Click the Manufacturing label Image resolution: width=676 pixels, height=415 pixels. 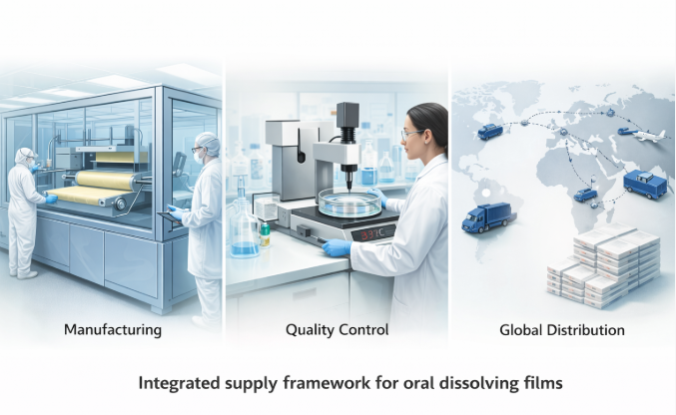point(113,330)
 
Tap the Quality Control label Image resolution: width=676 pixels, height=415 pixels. point(337,330)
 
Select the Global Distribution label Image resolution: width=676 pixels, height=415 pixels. point(562,330)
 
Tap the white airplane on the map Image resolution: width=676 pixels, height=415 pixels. point(648,135)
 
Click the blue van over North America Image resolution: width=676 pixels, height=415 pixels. point(490,132)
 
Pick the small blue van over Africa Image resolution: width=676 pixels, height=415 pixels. point(585,195)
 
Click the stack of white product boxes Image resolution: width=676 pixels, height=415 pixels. point(603,265)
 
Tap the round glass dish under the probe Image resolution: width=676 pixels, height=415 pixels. point(349,204)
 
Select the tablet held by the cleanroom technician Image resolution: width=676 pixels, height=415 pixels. point(171,217)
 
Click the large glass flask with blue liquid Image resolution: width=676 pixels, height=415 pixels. point(245,229)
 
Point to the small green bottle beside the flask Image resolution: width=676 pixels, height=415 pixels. point(266,234)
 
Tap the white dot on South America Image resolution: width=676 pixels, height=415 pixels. point(486,194)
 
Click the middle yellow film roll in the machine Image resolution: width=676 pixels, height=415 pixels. point(105,180)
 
